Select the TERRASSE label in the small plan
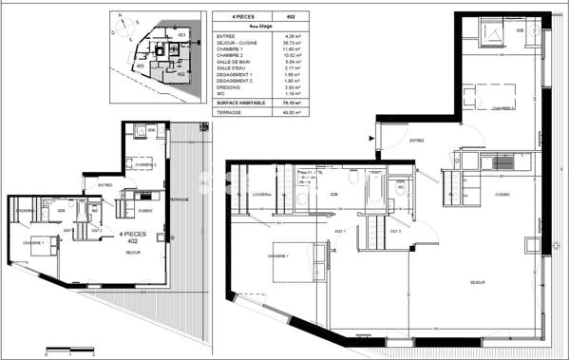(178, 199)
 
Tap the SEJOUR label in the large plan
(478, 283)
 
